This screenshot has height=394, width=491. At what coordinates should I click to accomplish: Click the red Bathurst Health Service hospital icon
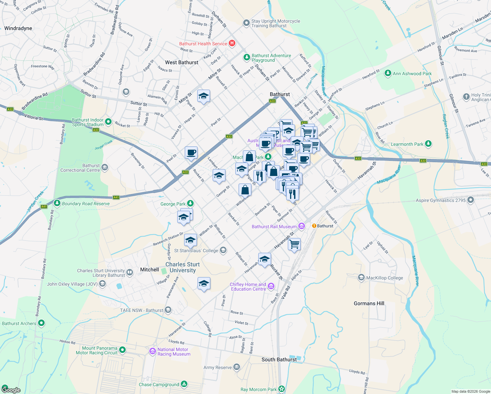coord(232,43)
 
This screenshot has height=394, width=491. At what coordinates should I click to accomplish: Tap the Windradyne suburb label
coord(18,28)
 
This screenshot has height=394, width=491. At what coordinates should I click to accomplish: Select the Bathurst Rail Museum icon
coord(302,226)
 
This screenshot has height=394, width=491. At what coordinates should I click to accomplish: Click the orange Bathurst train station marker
coord(314,226)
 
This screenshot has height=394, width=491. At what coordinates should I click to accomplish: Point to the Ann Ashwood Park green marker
coord(388,73)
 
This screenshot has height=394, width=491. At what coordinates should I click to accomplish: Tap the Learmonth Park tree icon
coord(428,144)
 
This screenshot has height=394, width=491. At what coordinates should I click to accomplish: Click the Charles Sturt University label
coord(182,267)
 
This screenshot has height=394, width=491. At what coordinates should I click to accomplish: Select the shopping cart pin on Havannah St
coord(294,244)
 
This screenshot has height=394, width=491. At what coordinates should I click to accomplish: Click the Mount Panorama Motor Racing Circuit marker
coord(122,350)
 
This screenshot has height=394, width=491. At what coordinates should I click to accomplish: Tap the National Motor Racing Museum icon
coord(152,351)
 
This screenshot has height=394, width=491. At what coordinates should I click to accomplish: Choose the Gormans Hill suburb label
coord(369,303)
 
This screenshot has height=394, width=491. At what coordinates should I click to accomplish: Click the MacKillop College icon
coord(361,277)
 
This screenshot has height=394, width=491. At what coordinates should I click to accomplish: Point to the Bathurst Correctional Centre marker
coord(105,167)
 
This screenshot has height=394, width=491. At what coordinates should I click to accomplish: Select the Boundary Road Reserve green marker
coord(57,203)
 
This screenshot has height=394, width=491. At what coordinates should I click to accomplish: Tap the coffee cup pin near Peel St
coord(191,152)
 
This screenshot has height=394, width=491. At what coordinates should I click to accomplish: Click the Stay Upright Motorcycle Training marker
coord(246,23)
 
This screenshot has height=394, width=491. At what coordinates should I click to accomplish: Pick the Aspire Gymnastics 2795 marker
coord(471,200)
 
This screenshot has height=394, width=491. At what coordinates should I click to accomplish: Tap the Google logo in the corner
coord(11,390)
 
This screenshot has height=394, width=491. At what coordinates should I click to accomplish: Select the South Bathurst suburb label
coord(279,360)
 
